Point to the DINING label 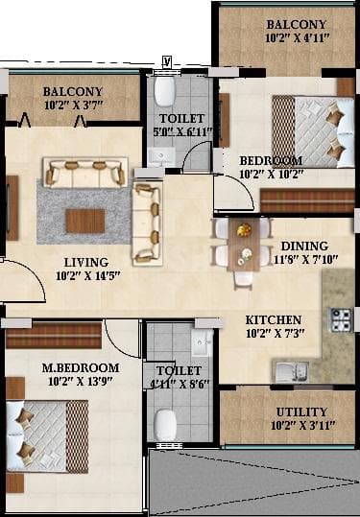pos(304,246)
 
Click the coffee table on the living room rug pos(84,220)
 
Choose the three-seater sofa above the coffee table pos(84,173)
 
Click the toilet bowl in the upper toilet pos(164,93)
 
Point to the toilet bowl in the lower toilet pos(167,423)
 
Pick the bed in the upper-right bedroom pos(308,129)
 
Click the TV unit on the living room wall pos(12,207)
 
